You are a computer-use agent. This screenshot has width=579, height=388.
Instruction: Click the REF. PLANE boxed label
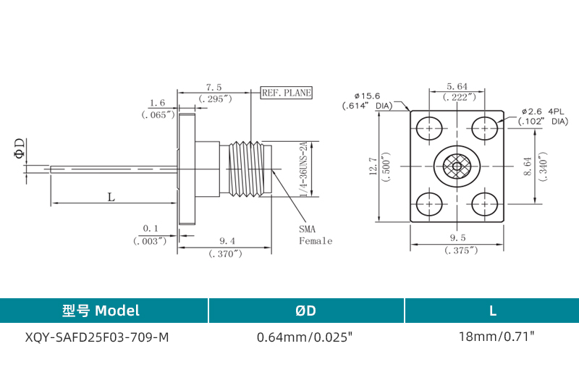tap(286, 93)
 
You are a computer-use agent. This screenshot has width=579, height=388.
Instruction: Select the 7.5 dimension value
tap(214, 87)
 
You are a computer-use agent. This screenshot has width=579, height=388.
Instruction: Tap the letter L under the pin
tap(110, 196)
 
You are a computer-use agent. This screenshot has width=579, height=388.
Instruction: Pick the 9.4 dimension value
tap(226, 240)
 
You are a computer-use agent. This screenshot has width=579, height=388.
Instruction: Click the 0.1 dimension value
tap(151, 229)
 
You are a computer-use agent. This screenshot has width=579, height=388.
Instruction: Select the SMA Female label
tap(316, 235)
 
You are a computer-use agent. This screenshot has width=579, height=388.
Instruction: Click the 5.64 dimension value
tap(457, 85)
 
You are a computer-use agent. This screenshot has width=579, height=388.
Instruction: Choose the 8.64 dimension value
tap(527, 167)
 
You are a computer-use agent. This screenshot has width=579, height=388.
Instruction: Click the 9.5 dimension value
tap(457, 237)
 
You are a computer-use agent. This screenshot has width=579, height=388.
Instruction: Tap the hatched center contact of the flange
tap(457, 166)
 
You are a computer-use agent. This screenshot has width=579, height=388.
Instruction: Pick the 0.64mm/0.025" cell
tap(305, 337)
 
